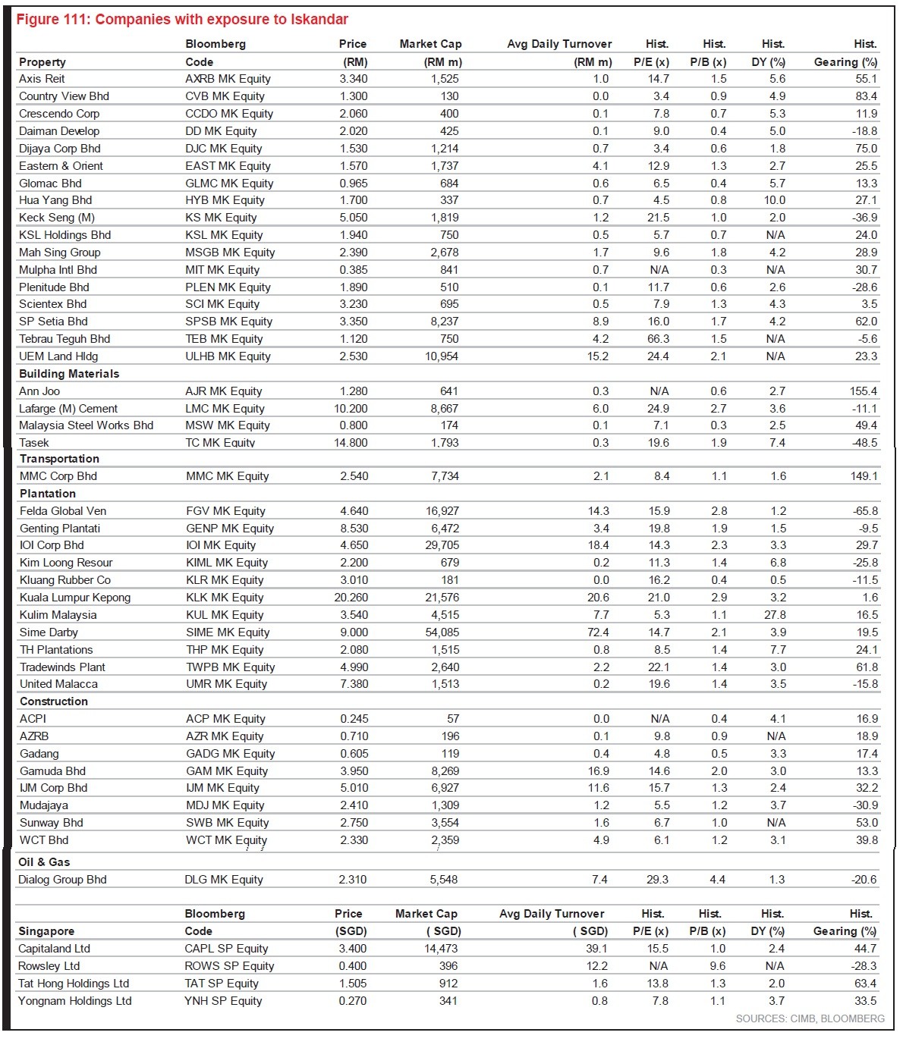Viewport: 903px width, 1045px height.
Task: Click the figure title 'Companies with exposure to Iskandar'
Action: point(182,19)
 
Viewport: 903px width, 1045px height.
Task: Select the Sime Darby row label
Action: point(49,632)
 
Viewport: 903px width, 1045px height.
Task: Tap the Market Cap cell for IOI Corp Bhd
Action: point(442,545)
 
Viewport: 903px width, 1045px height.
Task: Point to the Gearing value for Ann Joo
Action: point(864,391)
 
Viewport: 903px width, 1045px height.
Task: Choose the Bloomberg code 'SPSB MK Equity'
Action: point(228,322)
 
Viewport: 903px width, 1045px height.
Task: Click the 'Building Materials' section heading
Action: point(69,374)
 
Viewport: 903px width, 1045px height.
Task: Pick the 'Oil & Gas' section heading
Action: point(44,862)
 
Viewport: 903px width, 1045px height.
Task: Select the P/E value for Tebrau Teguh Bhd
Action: point(659,339)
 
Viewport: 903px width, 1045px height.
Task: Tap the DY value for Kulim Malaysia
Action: point(775,615)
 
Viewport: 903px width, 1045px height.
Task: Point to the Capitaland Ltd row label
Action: point(54,949)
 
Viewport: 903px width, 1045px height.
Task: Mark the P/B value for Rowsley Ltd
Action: point(717,966)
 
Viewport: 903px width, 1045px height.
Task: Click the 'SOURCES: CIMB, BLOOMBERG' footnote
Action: point(810,1018)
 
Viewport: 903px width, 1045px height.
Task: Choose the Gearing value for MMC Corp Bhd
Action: point(864,476)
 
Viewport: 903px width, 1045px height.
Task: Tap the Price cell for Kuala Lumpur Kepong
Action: point(351,598)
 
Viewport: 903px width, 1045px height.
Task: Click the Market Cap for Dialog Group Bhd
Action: point(444,880)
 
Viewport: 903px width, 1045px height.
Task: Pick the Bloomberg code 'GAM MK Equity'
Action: point(227,771)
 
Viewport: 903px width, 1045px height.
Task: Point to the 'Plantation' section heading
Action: point(48,494)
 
